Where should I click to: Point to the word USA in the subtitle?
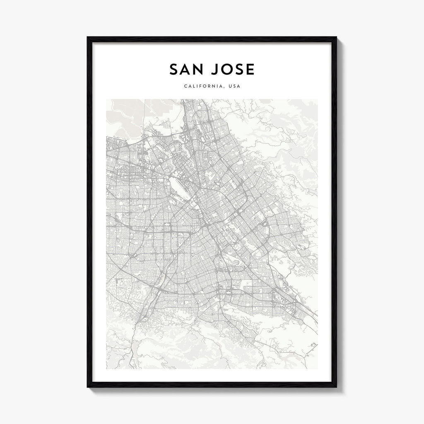[x=234, y=87]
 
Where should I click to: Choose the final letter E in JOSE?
[x=250, y=70]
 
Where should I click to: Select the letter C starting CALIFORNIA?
[x=184, y=87]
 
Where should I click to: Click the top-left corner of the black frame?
[x=88, y=38]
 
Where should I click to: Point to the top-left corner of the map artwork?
[x=106, y=99]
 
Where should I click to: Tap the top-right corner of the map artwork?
[x=318, y=99]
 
